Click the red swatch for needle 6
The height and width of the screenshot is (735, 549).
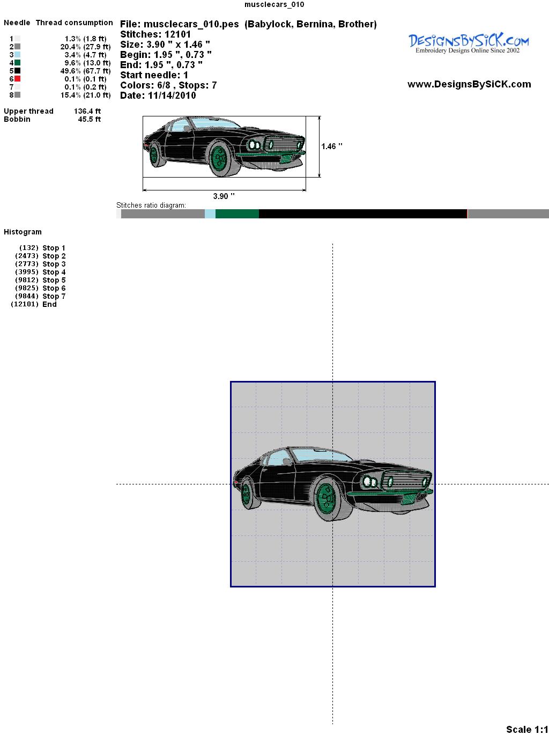point(17,79)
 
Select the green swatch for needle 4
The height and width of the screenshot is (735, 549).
point(17,63)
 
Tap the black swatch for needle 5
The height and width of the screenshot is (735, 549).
point(17,71)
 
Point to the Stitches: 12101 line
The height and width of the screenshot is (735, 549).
point(155,34)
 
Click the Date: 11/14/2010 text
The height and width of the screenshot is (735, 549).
point(158,95)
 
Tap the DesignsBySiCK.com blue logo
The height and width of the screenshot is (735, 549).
point(469,43)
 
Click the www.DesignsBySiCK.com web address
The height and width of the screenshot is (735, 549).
point(469,84)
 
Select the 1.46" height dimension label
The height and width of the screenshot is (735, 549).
point(332,146)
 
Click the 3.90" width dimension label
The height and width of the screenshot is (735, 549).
point(224,196)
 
